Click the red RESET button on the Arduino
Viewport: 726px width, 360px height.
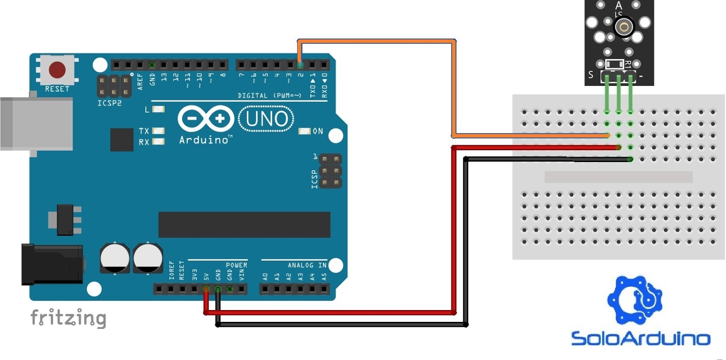click(x=57, y=70)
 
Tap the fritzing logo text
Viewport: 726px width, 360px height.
click(x=68, y=318)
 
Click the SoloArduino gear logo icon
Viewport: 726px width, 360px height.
click(x=635, y=299)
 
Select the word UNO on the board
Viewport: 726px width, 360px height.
click(x=266, y=119)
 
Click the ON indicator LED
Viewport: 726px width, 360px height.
click(x=304, y=131)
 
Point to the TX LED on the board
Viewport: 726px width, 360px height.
click(x=158, y=131)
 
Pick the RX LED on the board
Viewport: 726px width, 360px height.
click(x=158, y=142)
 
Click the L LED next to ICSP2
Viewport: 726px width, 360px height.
click(x=158, y=109)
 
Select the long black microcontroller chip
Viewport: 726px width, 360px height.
click(x=244, y=224)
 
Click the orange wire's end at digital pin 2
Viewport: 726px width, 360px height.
click(x=300, y=65)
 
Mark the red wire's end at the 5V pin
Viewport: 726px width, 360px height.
click(x=206, y=289)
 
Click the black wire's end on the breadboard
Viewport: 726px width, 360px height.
click(x=630, y=159)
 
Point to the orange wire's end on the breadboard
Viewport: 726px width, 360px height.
click(x=607, y=135)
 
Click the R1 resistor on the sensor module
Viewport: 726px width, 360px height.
click(x=615, y=64)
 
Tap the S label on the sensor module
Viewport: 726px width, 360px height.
click(x=591, y=74)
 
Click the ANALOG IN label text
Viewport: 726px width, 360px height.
click(x=307, y=265)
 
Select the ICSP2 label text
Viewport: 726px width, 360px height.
click(x=109, y=103)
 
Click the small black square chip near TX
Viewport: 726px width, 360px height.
click(x=122, y=139)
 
